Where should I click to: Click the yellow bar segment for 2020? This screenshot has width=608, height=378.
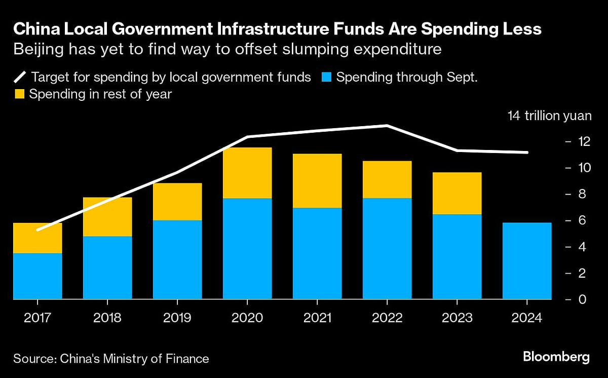coord(247,173)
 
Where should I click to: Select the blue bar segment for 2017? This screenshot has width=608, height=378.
coord(37,276)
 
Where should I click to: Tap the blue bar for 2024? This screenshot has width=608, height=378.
coord(527,260)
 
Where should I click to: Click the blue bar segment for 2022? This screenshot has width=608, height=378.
coord(387,248)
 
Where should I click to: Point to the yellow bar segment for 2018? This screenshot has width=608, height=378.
coord(107,217)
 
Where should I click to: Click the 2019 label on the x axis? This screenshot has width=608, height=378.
coord(177,318)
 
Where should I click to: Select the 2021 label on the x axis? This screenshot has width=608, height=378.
coord(317,318)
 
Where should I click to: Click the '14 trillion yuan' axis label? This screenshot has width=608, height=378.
coord(549,116)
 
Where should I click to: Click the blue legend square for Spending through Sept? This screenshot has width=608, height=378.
coord(326,78)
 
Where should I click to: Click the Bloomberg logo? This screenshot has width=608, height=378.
coord(556,357)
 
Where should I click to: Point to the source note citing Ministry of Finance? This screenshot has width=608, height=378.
coord(111,359)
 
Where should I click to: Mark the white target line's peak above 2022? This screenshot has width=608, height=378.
coord(387,125)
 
